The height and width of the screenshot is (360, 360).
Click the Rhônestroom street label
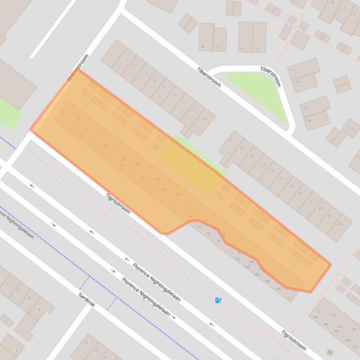(78, 68)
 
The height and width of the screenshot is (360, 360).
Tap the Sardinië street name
(87, 297)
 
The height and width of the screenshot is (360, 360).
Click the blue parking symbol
(218, 300)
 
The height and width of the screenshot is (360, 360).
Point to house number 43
(340, 223)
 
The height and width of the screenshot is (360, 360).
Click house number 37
(310, 201)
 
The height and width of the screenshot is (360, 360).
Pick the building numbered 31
(280, 178)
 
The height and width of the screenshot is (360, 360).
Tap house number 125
(7, 283)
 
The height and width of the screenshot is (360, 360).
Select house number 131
(38, 310)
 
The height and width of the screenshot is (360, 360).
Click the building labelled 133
(84, 342)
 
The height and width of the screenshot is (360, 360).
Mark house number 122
(319, 311)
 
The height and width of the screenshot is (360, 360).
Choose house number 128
(353, 330)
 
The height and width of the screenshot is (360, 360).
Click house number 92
(290, 298)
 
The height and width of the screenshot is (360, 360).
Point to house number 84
(247, 267)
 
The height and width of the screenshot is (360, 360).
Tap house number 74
(198, 227)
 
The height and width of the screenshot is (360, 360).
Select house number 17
(193, 111)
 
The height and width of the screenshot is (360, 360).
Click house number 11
(164, 88)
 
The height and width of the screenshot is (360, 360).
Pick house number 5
(134, 65)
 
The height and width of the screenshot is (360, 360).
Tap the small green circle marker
(330, 352)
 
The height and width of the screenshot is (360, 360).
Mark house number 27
(263, 165)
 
